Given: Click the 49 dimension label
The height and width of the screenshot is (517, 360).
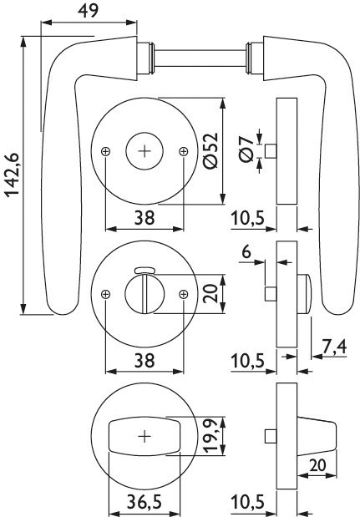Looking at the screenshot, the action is [x=88, y=11].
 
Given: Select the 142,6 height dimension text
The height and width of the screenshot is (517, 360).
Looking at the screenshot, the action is [x=13, y=175].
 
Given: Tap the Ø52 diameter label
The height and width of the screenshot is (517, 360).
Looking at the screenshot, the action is [x=211, y=150].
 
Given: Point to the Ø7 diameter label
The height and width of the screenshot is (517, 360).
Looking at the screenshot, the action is [x=247, y=150].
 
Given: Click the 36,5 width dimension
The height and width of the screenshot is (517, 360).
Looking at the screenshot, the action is [x=145, y=502].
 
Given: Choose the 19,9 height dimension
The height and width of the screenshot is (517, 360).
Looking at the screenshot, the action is [x=210, y=435].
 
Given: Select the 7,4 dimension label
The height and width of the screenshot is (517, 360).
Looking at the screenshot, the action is [x=334, y=347].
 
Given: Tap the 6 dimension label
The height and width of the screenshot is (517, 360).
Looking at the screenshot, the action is [x=246, y=252].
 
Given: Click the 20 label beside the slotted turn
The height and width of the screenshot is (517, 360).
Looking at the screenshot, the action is [x=210, y=293].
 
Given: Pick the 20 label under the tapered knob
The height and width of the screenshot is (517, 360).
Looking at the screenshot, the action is [x=317, y=465].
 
